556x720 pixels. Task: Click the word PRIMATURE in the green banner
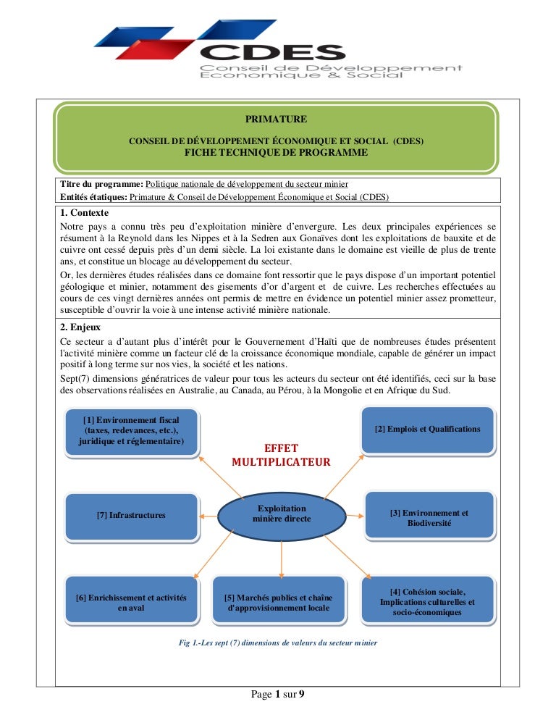coord(276,119)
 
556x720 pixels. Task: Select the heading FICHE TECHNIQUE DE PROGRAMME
coord(276,152)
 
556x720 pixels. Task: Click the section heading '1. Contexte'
coord(85,213)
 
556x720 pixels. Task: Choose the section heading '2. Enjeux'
coord(80,326)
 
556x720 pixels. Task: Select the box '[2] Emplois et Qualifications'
coord(427,429)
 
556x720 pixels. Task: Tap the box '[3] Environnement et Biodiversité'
coord(429,517)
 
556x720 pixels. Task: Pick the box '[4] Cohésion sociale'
coord(427,602)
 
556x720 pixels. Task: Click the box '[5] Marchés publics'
coord(279,602)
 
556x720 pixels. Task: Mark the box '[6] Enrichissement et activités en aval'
coord(131,602)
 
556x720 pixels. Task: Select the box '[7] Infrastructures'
coord(131,515)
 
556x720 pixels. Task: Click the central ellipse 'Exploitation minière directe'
coord(282,514)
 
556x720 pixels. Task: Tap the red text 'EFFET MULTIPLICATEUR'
coord(281,455)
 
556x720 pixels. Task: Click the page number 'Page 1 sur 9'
coord(278,695)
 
